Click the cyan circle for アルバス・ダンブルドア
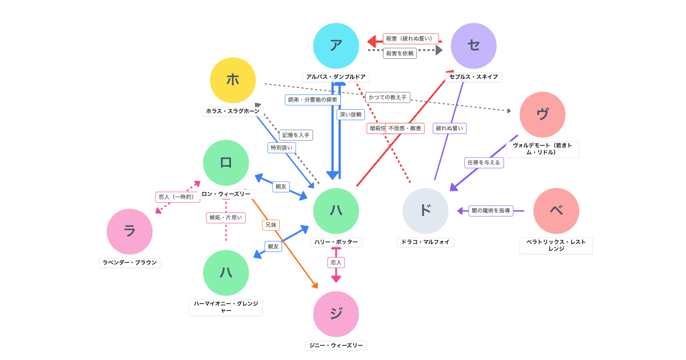point(336,46)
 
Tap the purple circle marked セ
point(473,46)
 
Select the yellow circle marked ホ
point(233,80)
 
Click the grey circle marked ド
point(425,211)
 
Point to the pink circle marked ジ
point(336,314)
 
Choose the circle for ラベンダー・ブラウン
point(130,231)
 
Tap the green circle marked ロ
point(226,163)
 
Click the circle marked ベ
point(556,211)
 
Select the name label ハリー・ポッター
point(336,242)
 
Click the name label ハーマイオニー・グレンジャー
point(226,307)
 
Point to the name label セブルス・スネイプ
point(473,77)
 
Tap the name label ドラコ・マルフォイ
point(425,242)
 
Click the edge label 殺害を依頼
point(400,53)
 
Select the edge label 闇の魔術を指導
point(490,211)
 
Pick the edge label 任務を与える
point(484,162)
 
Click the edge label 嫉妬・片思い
point(226,218)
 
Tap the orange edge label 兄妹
point(271,225)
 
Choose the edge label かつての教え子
point(388,98)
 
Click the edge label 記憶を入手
point(296,135)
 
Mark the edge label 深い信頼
point(350,114)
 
